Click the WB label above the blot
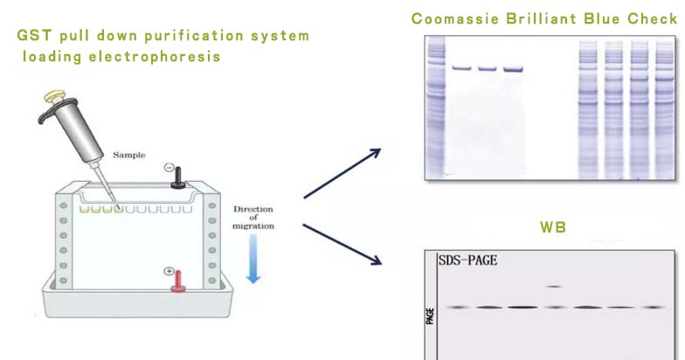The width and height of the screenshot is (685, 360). tap(552, 227)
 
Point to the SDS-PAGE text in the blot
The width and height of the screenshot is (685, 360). tap(468, 260)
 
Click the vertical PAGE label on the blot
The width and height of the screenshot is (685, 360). tap(430, 316)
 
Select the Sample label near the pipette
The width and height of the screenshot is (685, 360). tap(129, 155)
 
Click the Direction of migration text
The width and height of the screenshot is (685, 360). tap(253, 218)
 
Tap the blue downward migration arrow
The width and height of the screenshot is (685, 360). tap(253, 259)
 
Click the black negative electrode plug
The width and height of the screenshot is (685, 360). tap(178, 178)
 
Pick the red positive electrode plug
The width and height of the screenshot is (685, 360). tap(178, 281)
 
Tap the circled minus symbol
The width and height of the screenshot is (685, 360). tap(170, 168)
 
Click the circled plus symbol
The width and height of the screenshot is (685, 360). tap(170, 271)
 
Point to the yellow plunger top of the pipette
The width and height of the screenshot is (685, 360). tap(55, 96)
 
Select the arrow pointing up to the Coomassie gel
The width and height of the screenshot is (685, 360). tap(342, 173)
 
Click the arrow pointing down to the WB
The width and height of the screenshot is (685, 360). tap(342, 245)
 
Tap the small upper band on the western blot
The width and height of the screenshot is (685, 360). tap(554, 287)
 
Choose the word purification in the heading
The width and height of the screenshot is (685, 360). tap(194, 36)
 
